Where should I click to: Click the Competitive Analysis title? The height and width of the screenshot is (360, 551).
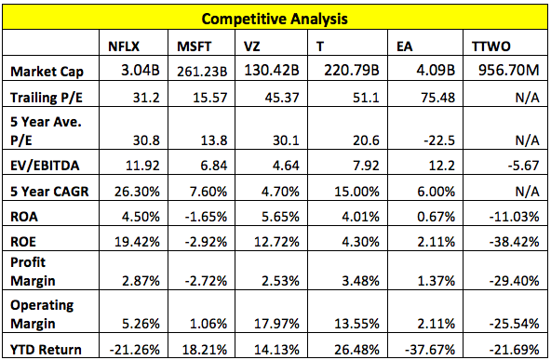pos(275,16)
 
